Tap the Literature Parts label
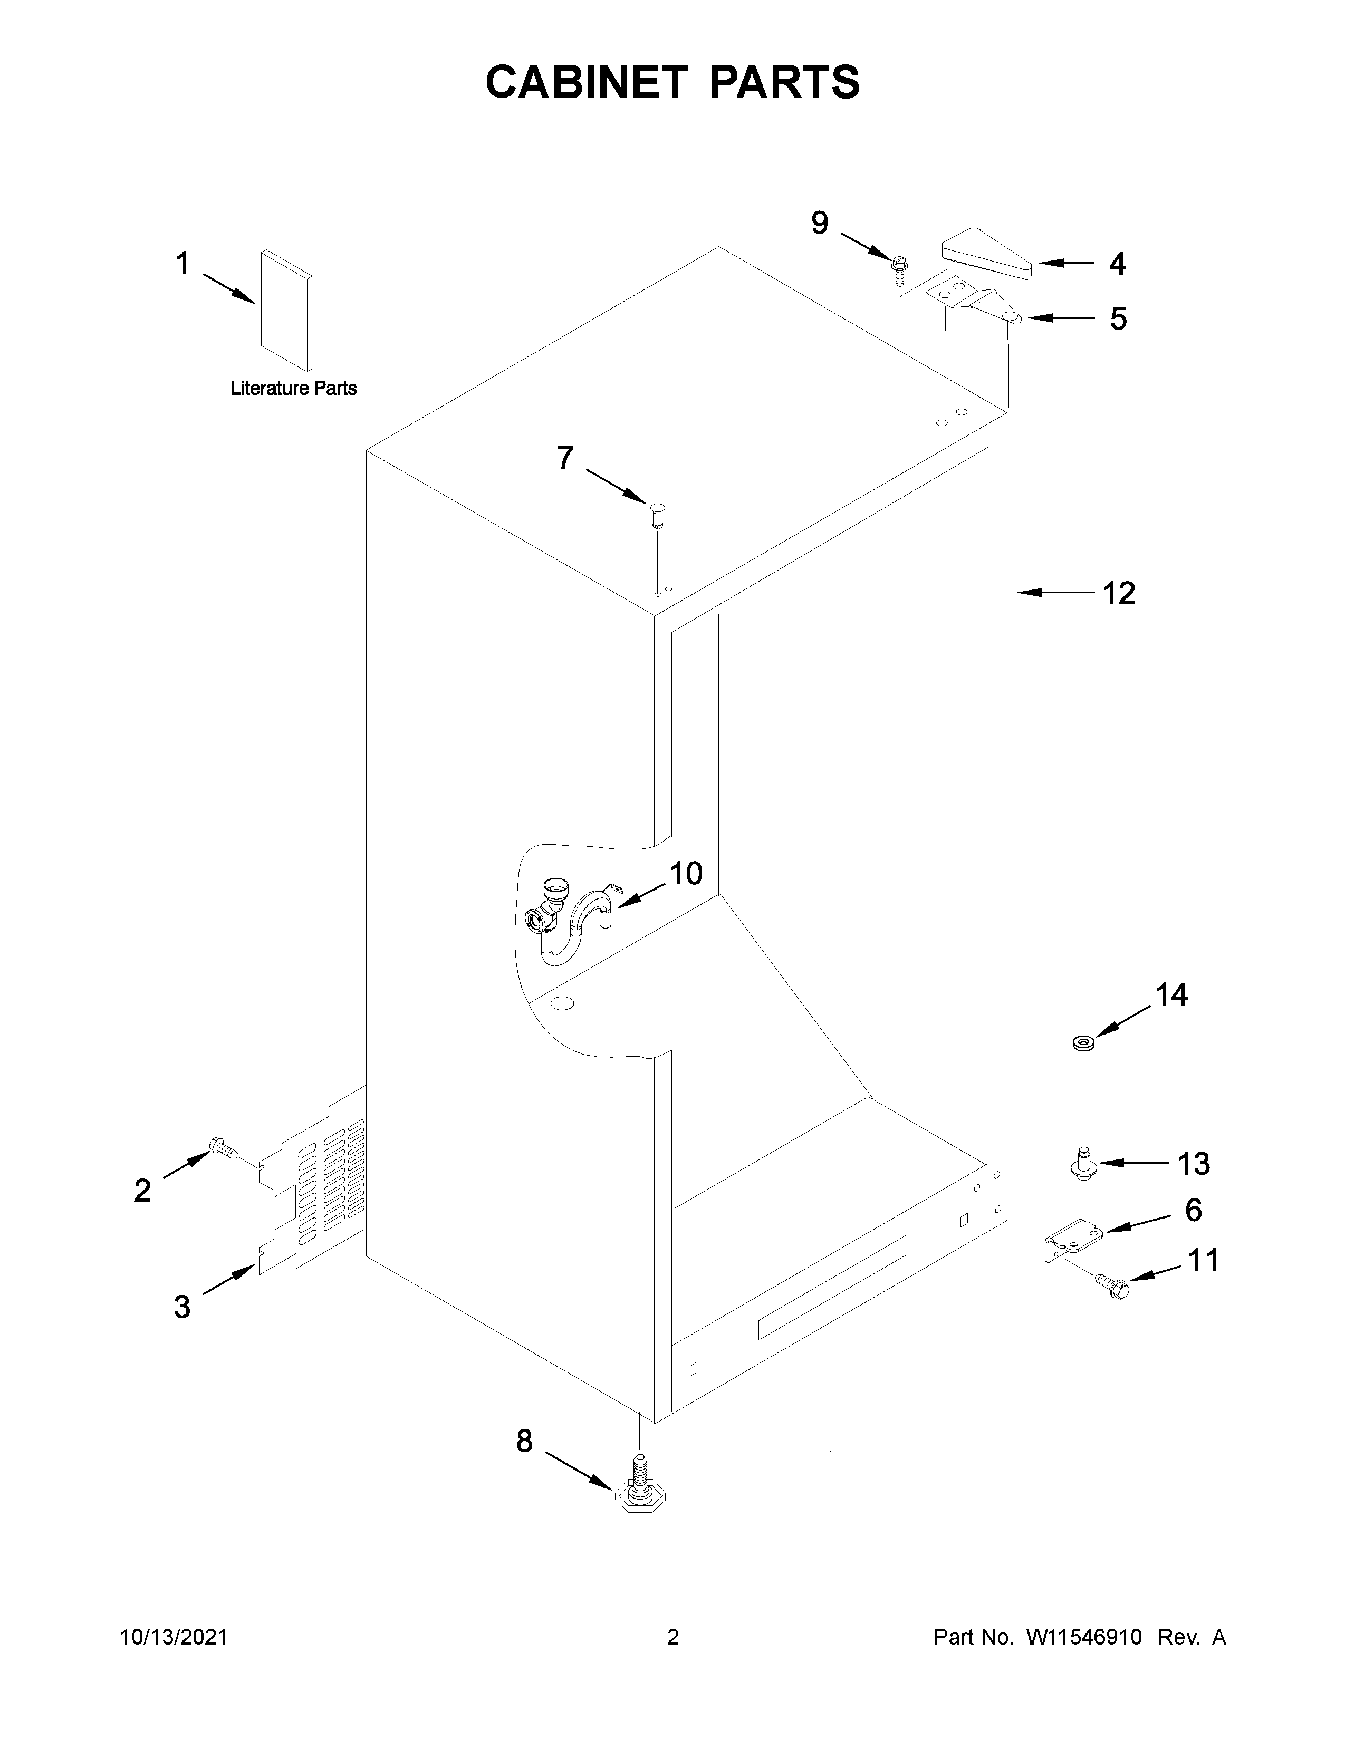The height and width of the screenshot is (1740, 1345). pos(293,389)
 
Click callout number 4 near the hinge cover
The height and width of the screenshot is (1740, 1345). pos(1117,265)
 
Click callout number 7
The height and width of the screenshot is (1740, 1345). pos(565,458)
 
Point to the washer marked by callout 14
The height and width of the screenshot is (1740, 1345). pos(1082,1041)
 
